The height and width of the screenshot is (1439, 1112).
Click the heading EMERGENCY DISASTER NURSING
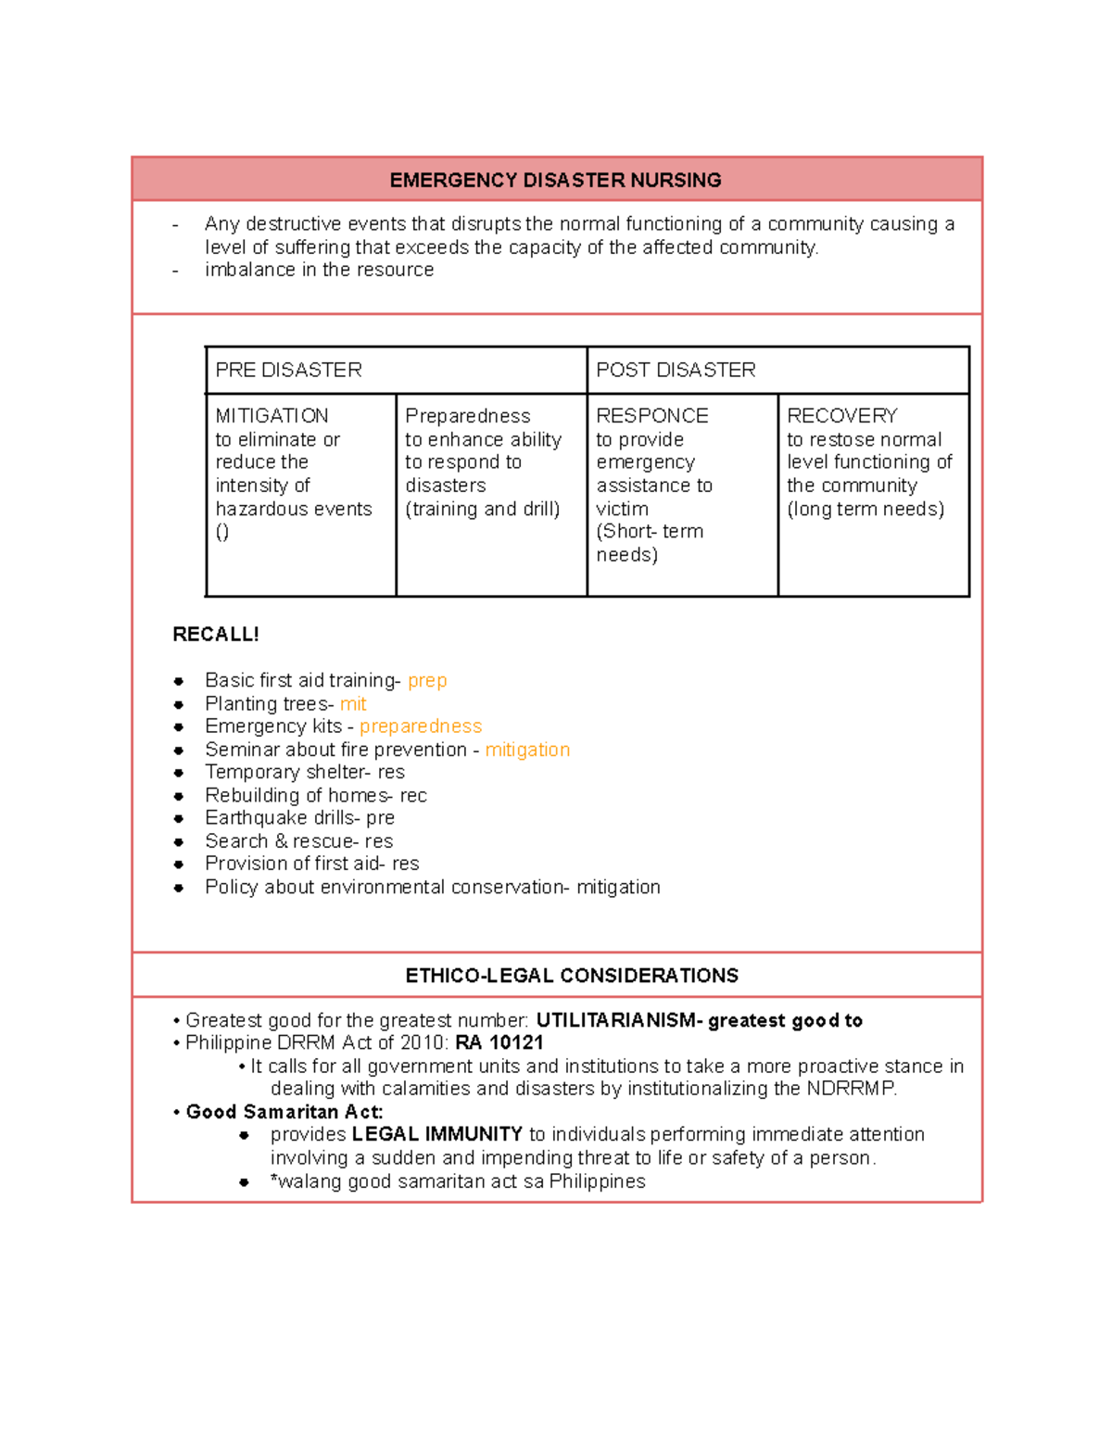click(555, 180)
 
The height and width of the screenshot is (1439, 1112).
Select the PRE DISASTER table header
click(288, 370)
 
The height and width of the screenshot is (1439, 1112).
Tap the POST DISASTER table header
click(676, 370)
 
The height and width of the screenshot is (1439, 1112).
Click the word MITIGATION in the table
click(272, 416)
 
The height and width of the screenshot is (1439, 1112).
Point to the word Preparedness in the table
click(468, 416)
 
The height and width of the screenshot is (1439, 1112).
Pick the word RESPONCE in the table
click(652, 416)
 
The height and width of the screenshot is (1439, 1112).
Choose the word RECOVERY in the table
click(842, 416)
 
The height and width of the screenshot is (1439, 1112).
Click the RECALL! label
click(216, 635)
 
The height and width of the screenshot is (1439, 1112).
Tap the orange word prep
click(427, 681)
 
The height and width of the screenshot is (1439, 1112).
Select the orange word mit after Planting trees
click(353, 704)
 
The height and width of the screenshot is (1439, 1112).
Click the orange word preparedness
click(421, 726)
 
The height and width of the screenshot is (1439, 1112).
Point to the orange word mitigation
click(527, 750)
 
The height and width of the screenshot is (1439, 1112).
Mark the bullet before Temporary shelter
click(179, 773)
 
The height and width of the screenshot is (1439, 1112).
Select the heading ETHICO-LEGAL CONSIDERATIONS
click(572, 976)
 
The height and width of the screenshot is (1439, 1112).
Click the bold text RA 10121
click(499, 1043)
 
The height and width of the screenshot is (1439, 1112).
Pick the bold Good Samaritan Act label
click(284, 1112)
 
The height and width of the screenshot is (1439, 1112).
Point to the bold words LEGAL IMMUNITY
click(437, 1134)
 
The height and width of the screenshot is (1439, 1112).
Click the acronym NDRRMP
click(851, 1089)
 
